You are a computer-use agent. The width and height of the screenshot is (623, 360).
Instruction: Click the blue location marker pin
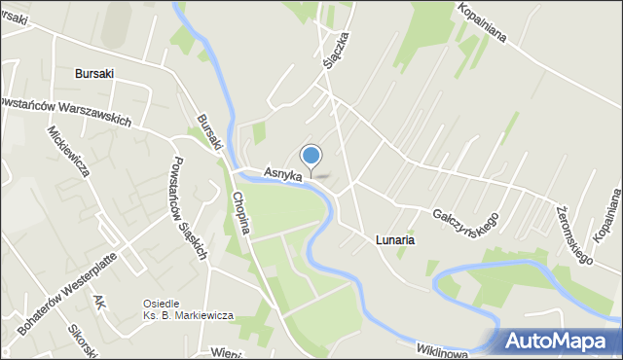pyautogui.click(x=311, y=157)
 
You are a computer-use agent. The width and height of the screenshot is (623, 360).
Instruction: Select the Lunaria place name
pyautogui.click(x=396, y=238)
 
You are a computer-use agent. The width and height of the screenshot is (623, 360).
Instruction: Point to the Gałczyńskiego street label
pyautogui.click(x=466, y=217)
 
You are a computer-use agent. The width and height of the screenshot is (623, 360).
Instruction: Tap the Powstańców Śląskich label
pyautogui.click(x=189, y=208)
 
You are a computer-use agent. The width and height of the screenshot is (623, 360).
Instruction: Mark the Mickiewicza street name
pyautogui.click(x=67, y=150)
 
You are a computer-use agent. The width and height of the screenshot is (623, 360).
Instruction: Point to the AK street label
pyautogui.click(x=98, y=303)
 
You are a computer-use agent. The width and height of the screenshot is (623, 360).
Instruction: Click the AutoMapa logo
pyautogui.click(x=561, y=340)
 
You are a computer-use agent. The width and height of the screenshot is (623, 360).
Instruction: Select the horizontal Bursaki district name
pyautogui.click(x=94, y=73)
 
